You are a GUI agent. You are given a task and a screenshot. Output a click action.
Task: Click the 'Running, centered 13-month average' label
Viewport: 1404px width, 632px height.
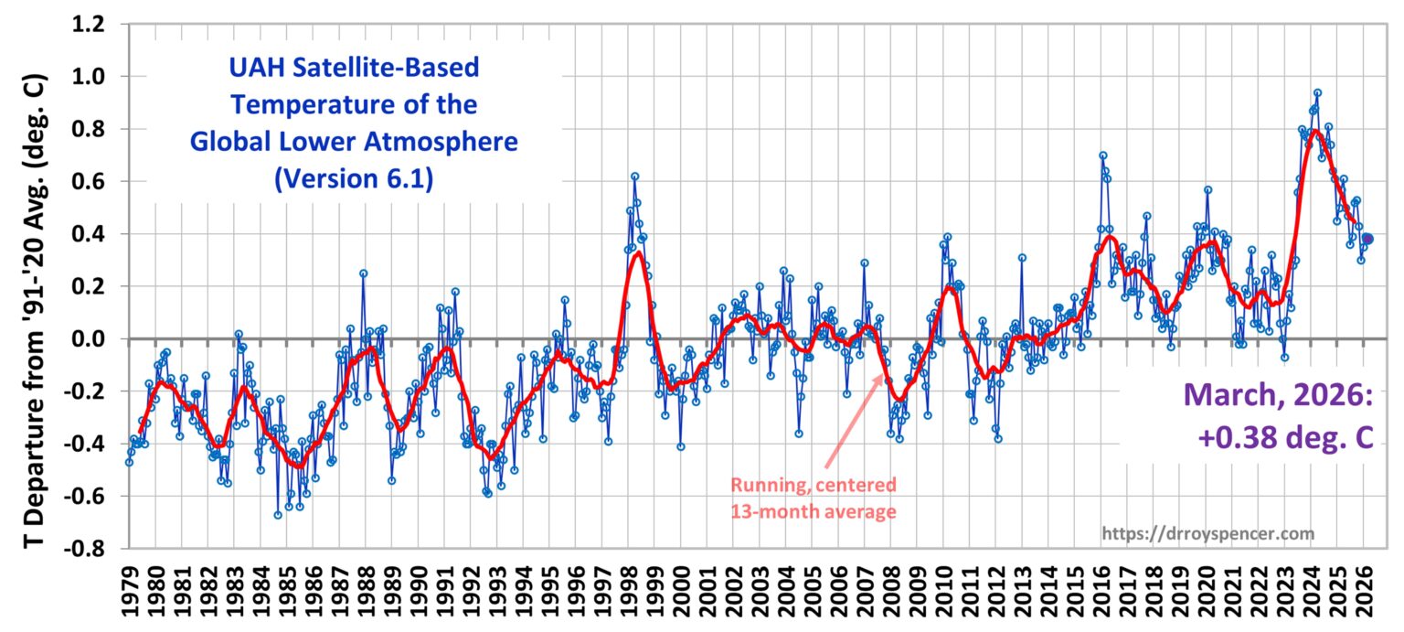pos(814,498)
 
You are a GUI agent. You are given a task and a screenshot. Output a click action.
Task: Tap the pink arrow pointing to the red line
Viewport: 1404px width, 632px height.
pos(855,420)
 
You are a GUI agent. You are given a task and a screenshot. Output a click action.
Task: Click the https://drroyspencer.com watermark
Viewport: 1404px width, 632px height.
pos(1208,532)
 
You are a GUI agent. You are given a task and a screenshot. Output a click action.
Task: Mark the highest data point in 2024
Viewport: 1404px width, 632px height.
pos(1317,92)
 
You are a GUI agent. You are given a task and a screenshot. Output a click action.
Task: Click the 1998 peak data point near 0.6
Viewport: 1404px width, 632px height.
pos(634,177)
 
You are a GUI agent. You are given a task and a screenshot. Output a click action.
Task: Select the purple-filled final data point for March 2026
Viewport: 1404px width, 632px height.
pos(1367,239)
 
